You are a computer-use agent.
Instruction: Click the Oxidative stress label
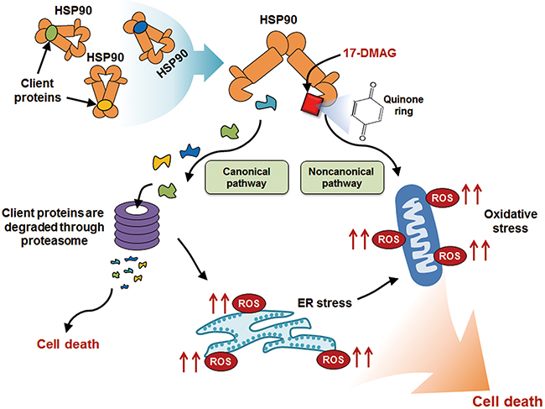(509, 221)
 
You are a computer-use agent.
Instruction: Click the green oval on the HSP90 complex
(51, 34)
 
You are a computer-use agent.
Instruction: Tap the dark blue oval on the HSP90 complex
(140, 28)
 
